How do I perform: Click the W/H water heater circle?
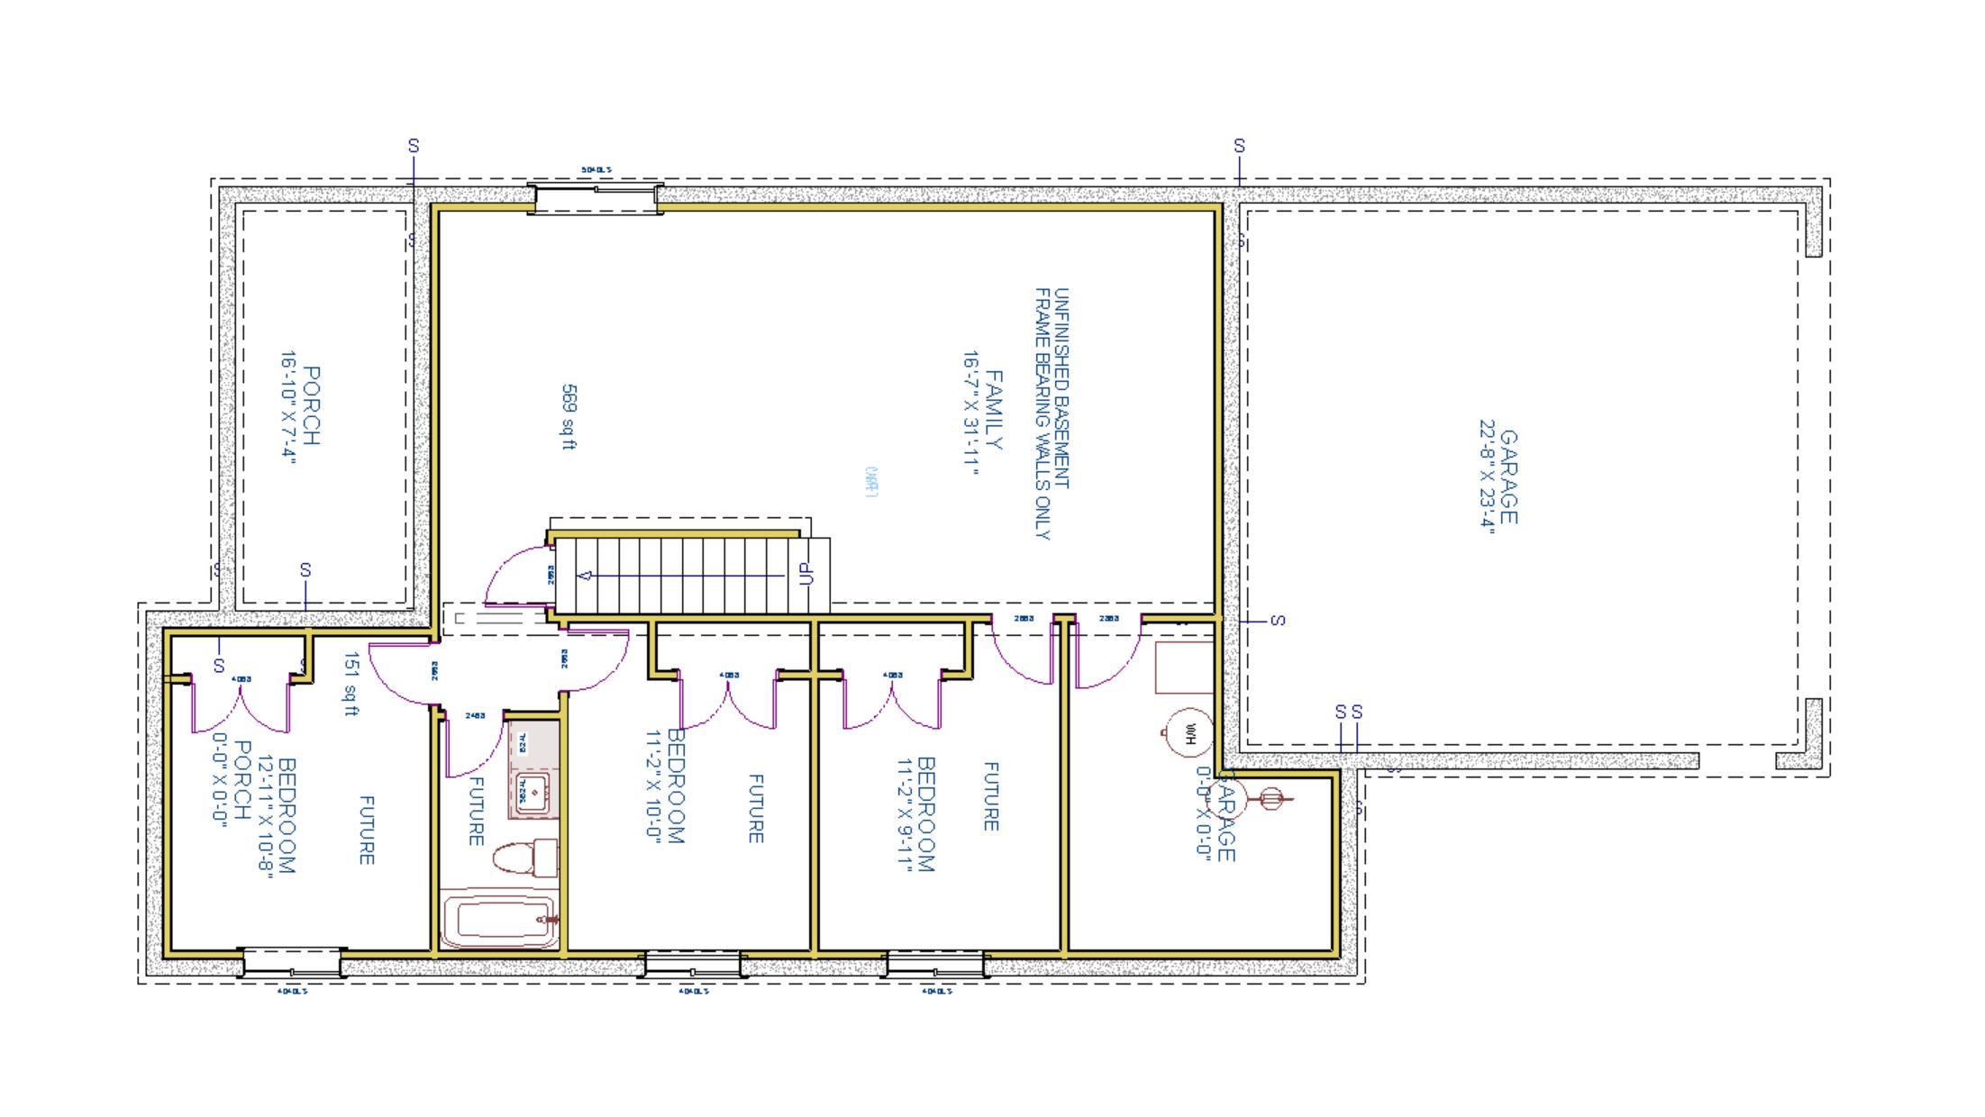coord(1189,733)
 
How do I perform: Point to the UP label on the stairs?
coord(806,574)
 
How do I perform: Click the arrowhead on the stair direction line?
coord(585,576)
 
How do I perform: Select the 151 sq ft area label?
coord(351,684)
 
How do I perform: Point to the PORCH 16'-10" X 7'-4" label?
coord(300,405)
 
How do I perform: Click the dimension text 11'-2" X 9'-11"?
coord(905,815)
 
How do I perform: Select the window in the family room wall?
coord(595,197)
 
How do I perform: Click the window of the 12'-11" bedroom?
coord(292,963)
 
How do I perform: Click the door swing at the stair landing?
coord(515,577)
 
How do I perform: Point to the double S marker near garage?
coord(1349,713)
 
